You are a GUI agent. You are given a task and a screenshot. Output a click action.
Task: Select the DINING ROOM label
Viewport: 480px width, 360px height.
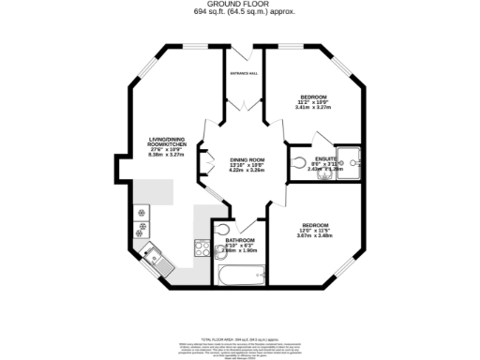click(247, 160)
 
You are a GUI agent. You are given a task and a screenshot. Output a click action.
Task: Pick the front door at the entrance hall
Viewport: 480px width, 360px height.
click(243, 46)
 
